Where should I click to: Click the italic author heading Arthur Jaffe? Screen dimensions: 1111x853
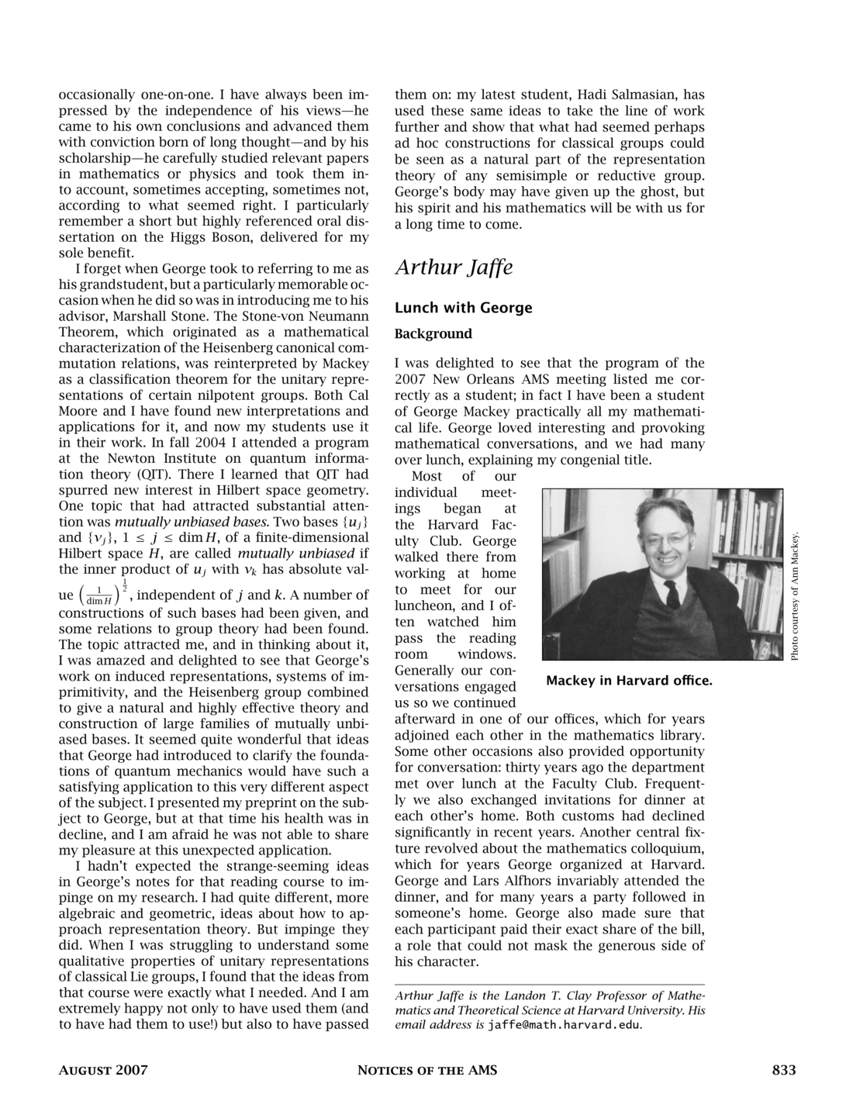[454, 267]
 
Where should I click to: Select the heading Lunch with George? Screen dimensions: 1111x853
[463, 308]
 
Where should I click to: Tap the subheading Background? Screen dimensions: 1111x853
[433, 334]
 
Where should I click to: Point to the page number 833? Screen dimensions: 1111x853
[784, 1071]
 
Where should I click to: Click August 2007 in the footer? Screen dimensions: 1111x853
[103, 1071]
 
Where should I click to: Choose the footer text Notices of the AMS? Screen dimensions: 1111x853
[427, 1071]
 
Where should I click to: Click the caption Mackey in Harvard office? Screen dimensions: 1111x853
[628, 681]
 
